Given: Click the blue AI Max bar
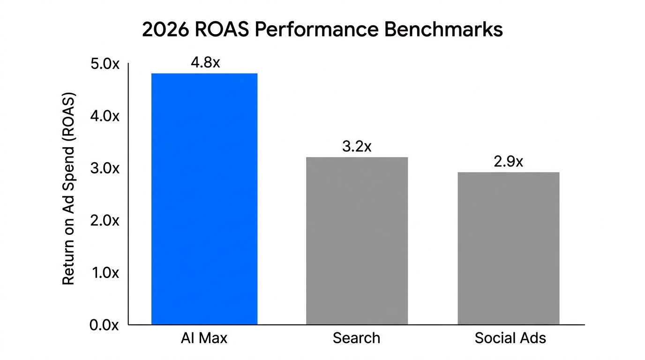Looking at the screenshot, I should click(x=204, y=199).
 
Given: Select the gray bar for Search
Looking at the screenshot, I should click(x=357, y=240).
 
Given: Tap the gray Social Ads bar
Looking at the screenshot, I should click(x=509, y=248).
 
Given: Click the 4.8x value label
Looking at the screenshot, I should click(x=205, y=63).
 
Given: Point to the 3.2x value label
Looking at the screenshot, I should click(x=357, y=147).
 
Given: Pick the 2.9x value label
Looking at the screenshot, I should click(x=509, y=162).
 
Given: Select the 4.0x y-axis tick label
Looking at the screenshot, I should click(x=104, y=116).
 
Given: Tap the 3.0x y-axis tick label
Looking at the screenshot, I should click(x=104, y=168).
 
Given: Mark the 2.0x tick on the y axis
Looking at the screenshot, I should click(x=104, y=220).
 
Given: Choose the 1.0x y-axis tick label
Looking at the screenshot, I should click(x=104, y=273).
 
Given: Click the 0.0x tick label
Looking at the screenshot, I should click(x=104, y=325).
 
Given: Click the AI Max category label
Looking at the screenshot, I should click(x=204, y=338).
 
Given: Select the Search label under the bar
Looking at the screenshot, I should click(x=357, y=338).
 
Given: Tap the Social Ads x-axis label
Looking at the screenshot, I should click(x=510, y=338).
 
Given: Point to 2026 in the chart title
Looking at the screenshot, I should click(x=165, y=30).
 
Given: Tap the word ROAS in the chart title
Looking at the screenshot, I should click(x=223, y=30).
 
